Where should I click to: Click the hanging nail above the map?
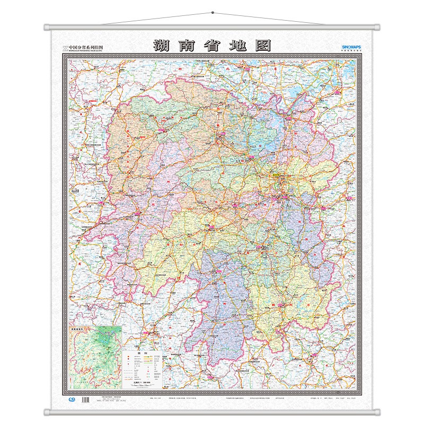tap(212, 12)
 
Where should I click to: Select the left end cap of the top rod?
tap(47, 26)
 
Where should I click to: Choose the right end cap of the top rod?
tap(377, 26)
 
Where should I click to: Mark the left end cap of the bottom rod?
tap(47, 412)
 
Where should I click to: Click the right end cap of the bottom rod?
tap(377, 412)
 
